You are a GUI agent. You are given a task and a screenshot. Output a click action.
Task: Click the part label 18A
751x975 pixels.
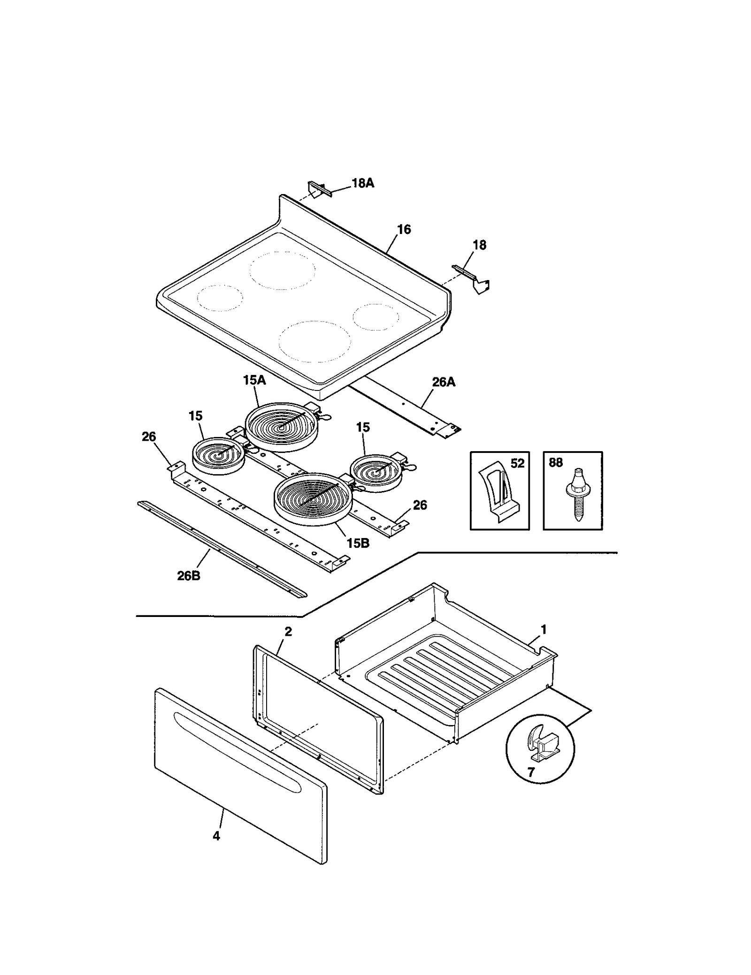pyautogui.click(x=363, y=183)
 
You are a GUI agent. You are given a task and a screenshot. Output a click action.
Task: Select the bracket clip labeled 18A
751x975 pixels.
pyautogui.click(x=318, y=189)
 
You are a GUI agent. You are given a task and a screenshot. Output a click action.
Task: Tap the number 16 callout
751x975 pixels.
pyautogui.click(x=404, y=229)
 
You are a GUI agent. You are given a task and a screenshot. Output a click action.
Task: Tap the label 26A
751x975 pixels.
pyautogui.click(x=444, y=382)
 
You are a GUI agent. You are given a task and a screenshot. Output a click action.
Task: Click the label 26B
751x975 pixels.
pyautogui.click(x=189, y=576)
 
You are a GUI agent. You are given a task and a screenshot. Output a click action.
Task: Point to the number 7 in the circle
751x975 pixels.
pyautogui.click(x=531, y=772)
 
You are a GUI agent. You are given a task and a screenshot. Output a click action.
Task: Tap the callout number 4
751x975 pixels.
pyautogui.click(x=216, y=836)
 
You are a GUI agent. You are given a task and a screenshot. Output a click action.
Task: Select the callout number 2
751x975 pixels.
pyautogui.click(x=288, y=632)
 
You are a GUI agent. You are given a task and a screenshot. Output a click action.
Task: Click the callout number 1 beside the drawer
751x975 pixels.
pyautogui.click(x=544, y=629)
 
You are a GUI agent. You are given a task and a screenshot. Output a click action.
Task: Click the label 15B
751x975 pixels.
pyautogui.click(x=358, y=543)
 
